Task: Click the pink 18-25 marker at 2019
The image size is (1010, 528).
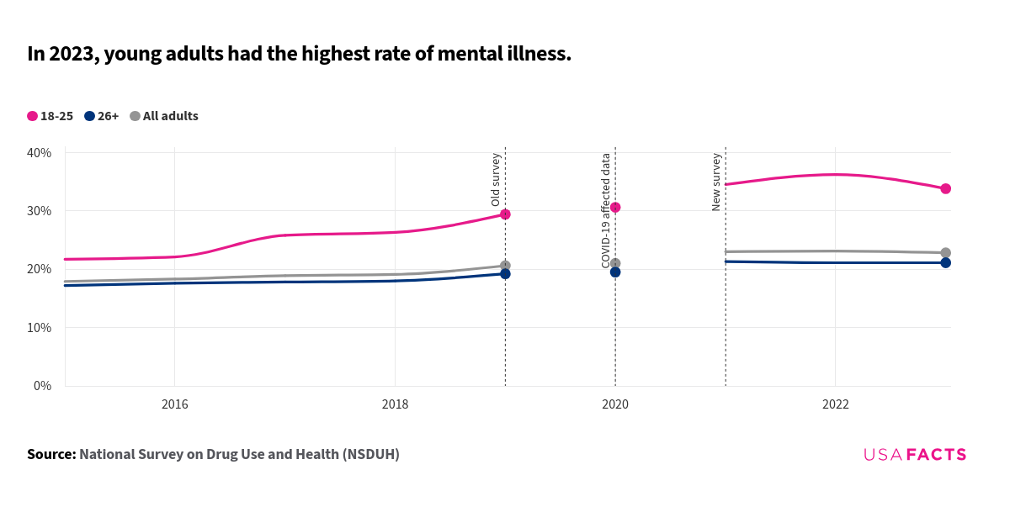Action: pyautogui.click(x=505, y=214)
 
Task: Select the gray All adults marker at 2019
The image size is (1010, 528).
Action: pyautogui.click(x=505, y=266)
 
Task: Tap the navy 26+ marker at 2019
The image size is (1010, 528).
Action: pyautogui.click(x=505, y=274)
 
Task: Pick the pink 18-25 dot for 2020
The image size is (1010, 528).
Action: pyautogui.click(x=615, y=208)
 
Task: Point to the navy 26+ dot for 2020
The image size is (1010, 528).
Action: pyautogui.click(x=615, y=272)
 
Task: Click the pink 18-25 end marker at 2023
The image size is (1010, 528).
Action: pyautogui.click(x=945, y=188)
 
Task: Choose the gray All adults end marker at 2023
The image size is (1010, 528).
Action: pyautogui.click(x=945, y=253)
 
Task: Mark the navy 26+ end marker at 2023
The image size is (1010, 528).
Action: pyautogui.click(x=945, y=263)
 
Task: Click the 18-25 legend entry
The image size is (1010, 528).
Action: pyautogui.click(x=50, y=116)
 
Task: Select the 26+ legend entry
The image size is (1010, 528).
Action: pyautogui.click(x=102, y=116)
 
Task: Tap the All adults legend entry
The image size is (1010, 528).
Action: pyautogui.click(x=164, y=116)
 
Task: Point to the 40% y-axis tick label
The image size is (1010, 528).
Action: pyautogui.click(x=40, y=153)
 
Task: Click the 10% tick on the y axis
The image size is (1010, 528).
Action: pyautogui.click(x=40, y=328)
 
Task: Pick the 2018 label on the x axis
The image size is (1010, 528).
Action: pyautogui.click(x=395, y=404)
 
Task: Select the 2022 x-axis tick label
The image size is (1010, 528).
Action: pyautogui.click(x=835, y=404)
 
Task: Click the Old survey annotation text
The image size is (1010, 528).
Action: pyautogui.click(x=496, y=179)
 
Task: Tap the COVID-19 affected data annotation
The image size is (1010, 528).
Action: pyautogui.click(x=606, y=210)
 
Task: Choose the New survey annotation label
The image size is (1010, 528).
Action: pyautogui.click(x=716, y=182)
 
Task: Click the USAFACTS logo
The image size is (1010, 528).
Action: pyautogui.click(x=915, y=455)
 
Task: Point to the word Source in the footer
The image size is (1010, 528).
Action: pyautogui.click(x=51, y=454)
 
